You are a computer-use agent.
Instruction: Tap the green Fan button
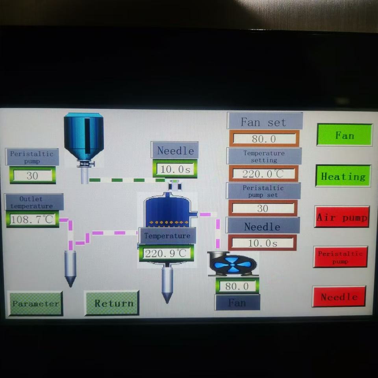point(344,135)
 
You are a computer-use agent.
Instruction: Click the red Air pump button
point(342,217)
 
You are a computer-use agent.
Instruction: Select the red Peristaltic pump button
point(341,257)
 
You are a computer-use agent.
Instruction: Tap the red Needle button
point(339,297)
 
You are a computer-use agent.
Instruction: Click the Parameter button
point(35,304)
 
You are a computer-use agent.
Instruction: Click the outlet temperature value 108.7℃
point(32,219)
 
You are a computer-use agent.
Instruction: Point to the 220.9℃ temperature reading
point(166,253)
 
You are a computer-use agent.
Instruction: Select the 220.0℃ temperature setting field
point(263,174)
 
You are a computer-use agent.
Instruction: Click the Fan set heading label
point(265,121)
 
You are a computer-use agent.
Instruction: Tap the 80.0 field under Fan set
point(264,139)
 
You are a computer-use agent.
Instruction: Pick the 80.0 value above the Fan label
point(237,286)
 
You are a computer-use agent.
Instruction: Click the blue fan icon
point(232,263)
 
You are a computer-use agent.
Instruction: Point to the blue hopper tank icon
point(84,136)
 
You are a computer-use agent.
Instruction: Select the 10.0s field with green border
point(175,169)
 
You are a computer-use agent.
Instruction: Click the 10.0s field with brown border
point(262,243)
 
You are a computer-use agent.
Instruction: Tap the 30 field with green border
point(32,176)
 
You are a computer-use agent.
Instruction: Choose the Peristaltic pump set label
point(263,191)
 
